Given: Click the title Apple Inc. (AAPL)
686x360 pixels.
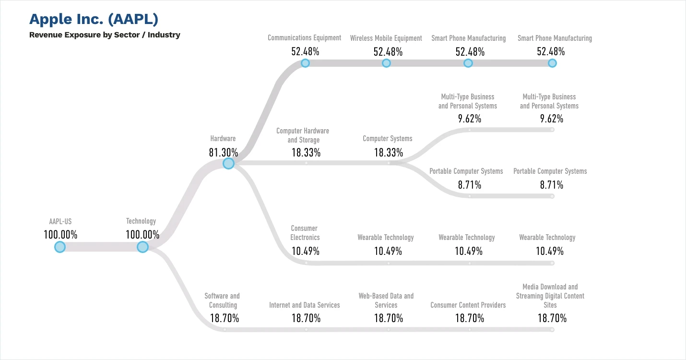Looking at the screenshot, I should pyautogui.click(x=94, y=19).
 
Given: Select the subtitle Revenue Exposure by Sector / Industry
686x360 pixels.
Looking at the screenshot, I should pyautogui.click(x=105, y=35).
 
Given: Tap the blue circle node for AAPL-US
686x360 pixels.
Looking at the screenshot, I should pyautogui.click(x=59, y=247).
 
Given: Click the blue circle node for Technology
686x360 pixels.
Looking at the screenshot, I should pyautogui.click(x=142, y=247).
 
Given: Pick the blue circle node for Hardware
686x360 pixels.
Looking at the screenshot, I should pyautogui.click(x=228, y=164).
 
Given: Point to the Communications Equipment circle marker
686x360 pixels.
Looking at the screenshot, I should pyautogui.click(x=305, y=63).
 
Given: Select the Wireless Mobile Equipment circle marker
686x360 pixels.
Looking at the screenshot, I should pyautogui.click(x=386, y=63).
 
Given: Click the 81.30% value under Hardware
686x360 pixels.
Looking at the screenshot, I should pyautogui.click(x=223, y=153).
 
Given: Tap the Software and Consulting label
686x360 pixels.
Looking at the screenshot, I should pyautogui.click(x=222, y=300).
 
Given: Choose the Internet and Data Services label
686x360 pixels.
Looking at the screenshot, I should pyautogui.click(x=305, y=305).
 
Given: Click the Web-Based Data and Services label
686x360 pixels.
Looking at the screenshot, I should pyautogui.click(x=386, y=300).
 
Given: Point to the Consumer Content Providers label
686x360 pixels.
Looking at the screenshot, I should pyautogui.click(x=468, y=305).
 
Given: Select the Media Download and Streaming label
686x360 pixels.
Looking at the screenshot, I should pyautogui.click(x=550, y=296).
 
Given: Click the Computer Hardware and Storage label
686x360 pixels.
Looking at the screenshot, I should pyautogui.click(x=303, y=135).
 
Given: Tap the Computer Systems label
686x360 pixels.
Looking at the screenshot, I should pyautogui.click(x=388, y=139).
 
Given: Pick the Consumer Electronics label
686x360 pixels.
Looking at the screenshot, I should pyautogui.click(x=305, y=233).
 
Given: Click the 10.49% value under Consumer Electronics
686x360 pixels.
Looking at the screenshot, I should pyautogui.click(x=306, y=251).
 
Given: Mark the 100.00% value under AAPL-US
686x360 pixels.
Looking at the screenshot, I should pyautogui.click(x=60, y=235).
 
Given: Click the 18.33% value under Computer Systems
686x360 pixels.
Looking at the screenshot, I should pyautogui.click(x=389, y=153).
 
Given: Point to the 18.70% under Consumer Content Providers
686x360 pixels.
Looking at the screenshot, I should pyautogui.click(x=470, y=318).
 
